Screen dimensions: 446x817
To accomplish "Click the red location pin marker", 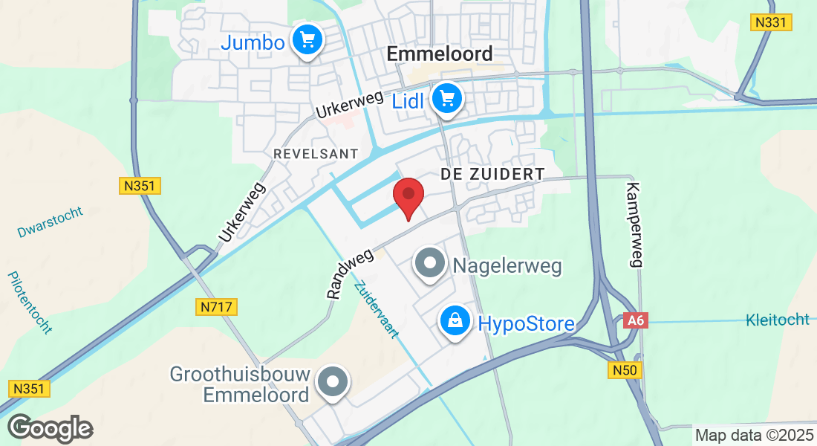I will [408, 196].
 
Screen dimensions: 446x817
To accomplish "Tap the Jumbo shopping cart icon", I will [306, 40].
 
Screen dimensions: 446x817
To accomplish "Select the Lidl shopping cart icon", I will [446, 98].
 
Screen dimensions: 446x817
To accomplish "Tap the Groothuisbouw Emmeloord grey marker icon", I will [332, 384].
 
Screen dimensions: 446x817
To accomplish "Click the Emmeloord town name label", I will [440, 54].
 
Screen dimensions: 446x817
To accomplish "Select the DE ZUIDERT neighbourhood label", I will [492, 174].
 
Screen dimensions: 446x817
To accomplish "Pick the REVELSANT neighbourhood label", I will [316, 153].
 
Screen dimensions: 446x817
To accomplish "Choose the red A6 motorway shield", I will [634, 320].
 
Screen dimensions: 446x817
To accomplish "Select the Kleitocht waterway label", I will [777, 320].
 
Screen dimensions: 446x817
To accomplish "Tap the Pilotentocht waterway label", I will [30, 303].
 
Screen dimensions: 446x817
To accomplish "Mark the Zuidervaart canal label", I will [376, 309].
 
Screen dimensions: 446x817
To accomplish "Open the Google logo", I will [50, 429].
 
